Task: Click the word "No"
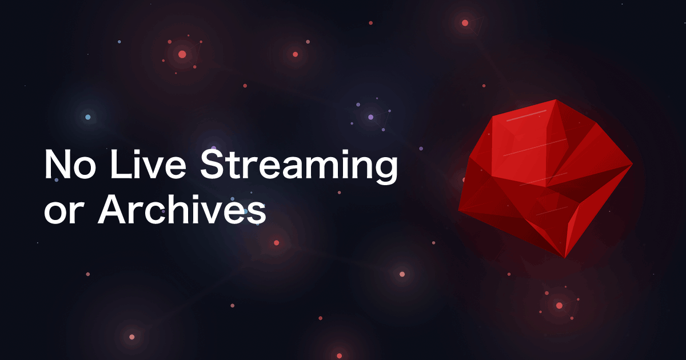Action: click(70, 165)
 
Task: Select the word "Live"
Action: click(148, 165)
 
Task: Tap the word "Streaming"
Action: click(299, 167)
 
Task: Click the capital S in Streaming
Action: click(213, 165)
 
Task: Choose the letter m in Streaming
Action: click(327, 168)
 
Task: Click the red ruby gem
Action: click(545, 178)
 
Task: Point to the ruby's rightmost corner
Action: click(632, 165)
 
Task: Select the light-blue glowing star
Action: click(88, 117)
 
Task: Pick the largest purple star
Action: click(370, 117)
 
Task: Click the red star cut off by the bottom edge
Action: click(339, 357)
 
